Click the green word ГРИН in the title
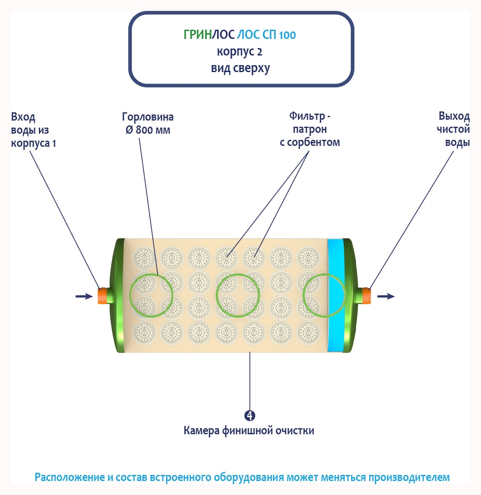[197, 35]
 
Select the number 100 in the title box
[287, 35]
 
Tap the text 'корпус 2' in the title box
[239, 52]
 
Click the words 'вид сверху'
[240, 69]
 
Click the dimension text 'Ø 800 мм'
[148, 130]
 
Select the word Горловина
[148, 117]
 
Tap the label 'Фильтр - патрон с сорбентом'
[310, 129]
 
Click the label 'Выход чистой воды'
[453, 129]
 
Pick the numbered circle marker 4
[250, 415]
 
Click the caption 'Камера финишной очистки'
[249, 431]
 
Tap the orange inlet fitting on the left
[102, 296]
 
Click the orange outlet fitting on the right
[366, 296]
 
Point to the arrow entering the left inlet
[84, 296]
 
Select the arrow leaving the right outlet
[386, 296]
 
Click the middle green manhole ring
[238, 295]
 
